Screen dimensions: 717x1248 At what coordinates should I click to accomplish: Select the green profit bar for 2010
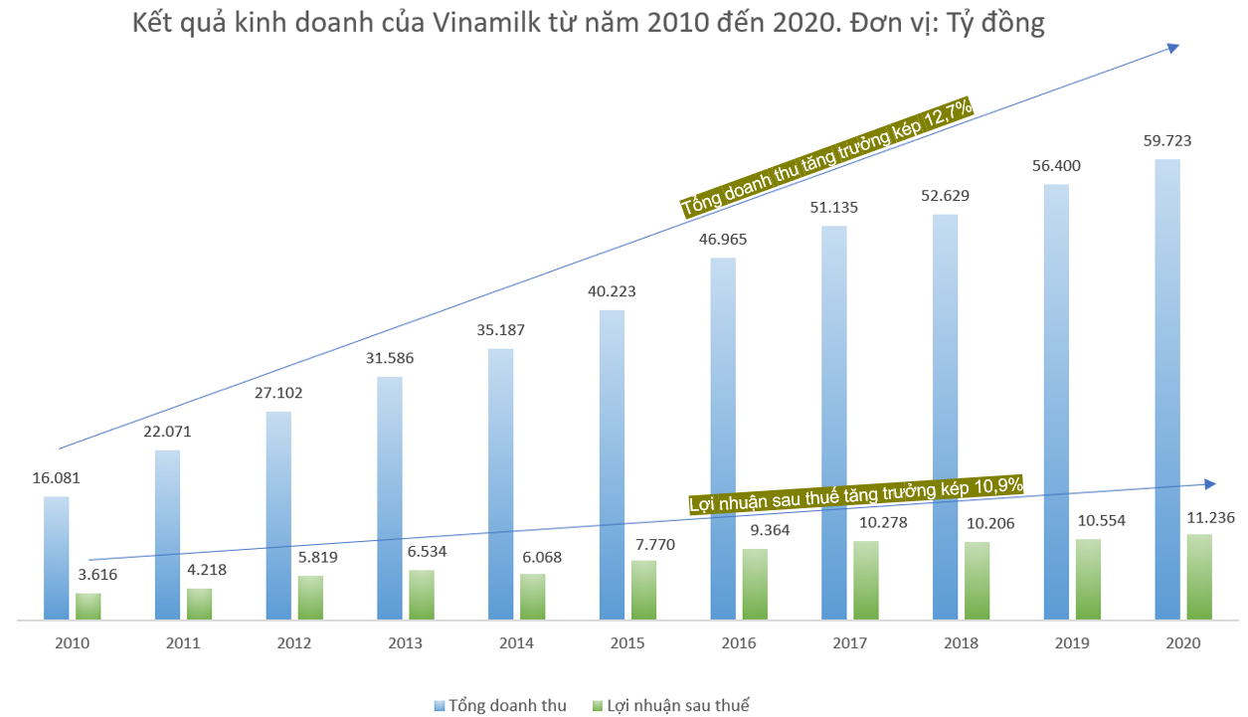click(x=89, y=607)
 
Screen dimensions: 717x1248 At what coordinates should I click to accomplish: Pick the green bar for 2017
click(x=866, y=581)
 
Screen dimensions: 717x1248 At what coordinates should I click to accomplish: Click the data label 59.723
click(x=1167, y=141)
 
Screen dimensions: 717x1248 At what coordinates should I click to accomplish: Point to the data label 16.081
click(x=56, y=478)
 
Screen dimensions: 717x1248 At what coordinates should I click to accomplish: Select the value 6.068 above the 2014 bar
click(x=541, y=558)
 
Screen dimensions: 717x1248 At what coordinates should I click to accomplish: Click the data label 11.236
click(x=1207, y=518)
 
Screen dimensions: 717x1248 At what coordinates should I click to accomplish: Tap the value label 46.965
click(x=723, y=240)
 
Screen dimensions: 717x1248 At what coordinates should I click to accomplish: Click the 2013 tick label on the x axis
click(x=404, y=643)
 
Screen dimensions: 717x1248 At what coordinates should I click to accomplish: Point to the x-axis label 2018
click(x=960, y=643)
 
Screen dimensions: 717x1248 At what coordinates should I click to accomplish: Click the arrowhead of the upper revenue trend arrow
click(x=1173, y=47)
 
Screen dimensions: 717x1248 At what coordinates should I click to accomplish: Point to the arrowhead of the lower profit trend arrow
click(x=1209, y=483)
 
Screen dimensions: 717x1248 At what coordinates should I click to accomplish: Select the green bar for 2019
click(x=1088, y=580)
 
